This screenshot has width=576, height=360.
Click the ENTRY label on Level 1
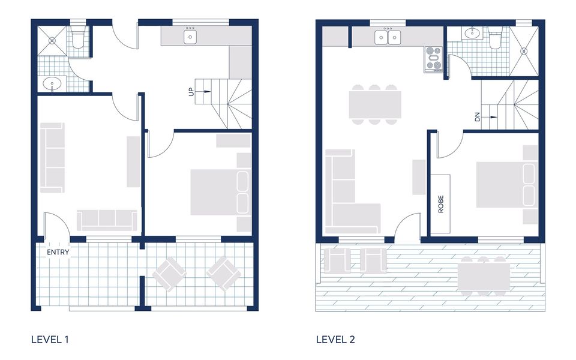coord(59,253)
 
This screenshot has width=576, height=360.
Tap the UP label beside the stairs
coord(191,92)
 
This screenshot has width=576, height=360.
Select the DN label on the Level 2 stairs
coord(478,116)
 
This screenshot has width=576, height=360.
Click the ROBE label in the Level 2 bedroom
coord(441,203)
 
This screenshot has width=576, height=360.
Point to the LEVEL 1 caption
coord(50,340)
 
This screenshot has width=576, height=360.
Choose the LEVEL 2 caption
coord(335,340)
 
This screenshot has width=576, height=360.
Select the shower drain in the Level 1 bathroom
coord(52,41)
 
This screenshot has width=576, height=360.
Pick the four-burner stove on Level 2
coord(433,59)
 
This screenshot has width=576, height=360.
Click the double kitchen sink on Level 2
coord(388,38)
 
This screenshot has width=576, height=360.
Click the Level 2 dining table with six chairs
coord(375,104)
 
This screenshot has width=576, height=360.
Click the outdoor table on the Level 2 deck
coord(483,276)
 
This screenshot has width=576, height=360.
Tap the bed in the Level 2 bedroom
coord(506,184)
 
